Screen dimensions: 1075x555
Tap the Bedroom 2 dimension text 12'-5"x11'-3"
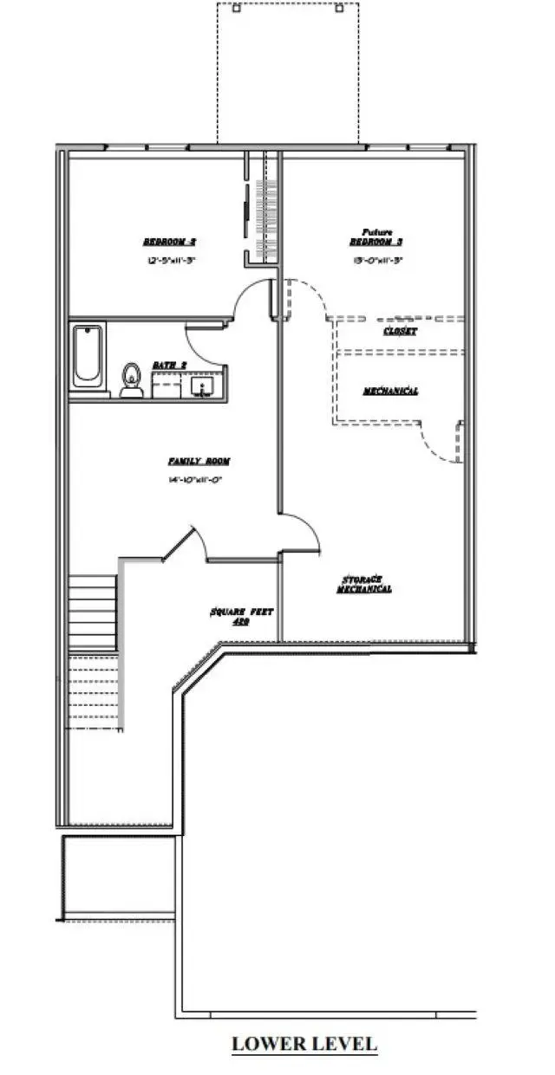click(168, 259)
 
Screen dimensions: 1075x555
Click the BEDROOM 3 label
click(377, 243)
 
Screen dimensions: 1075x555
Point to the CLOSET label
click(401, 332)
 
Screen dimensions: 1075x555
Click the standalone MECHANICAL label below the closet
click(390, 392)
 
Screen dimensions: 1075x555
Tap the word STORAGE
click(362, 579)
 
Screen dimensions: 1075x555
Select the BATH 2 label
click(170, 366)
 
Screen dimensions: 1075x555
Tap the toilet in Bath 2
click(132, 379)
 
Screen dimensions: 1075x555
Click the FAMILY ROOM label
click(199, 462)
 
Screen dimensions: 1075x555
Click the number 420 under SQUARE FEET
click(241, 622)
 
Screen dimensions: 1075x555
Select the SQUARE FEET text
click(241, 612)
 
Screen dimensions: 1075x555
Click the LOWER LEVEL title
click(304, 1044)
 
